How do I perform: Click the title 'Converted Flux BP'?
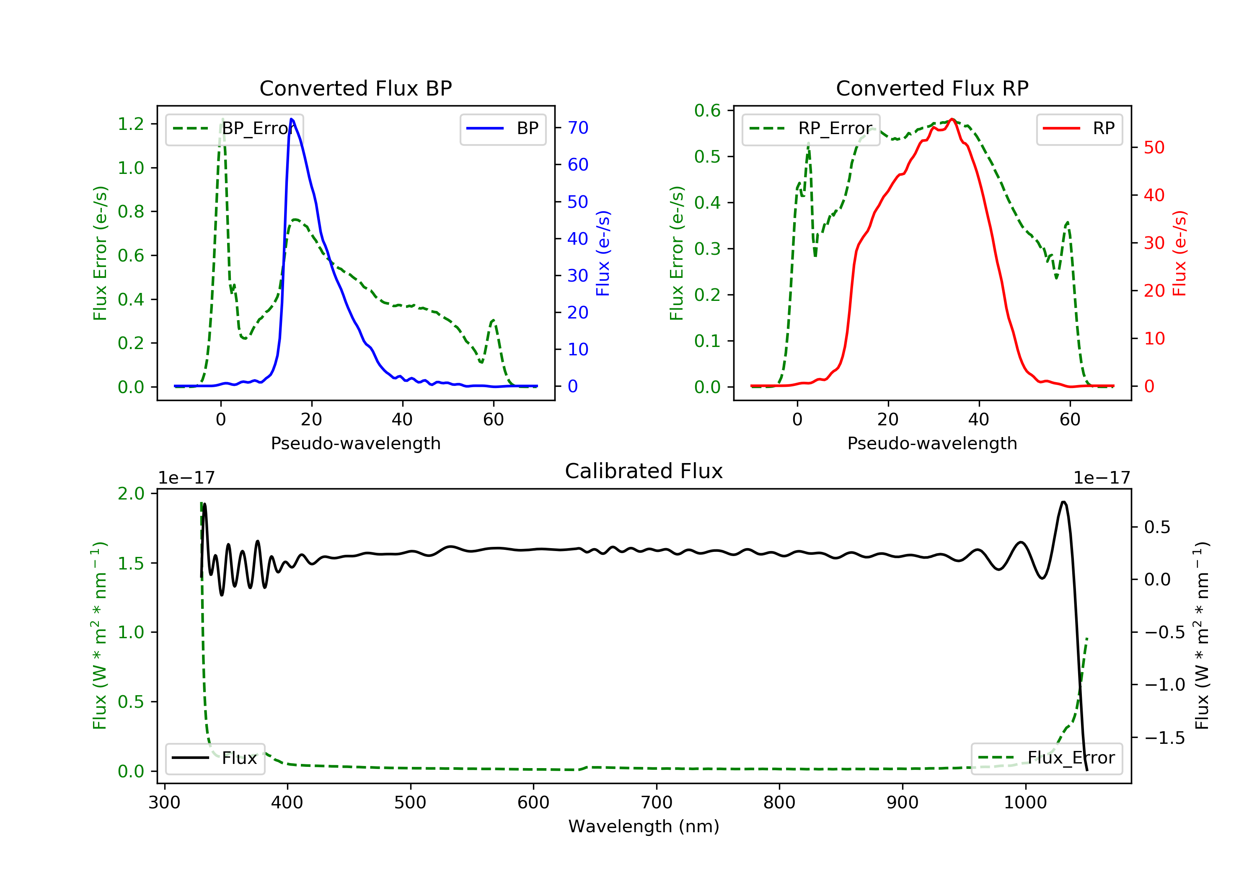(355, 88)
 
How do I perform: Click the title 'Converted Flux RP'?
(932, 88)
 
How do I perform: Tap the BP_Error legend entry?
(234, 129)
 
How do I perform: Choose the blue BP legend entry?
(502, 129)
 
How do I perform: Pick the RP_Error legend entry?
(811, 129)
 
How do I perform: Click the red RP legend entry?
(1079, 129)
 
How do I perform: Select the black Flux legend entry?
(215, 758)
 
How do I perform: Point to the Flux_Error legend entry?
(1046, 758)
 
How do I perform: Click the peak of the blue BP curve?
(291, 119)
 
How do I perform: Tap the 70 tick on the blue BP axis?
(577, 127)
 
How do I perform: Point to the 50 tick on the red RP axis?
(1154, 148)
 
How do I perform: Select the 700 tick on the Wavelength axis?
(657, 803)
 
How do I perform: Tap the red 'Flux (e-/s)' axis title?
(1179, 253)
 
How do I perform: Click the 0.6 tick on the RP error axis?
(707, 111)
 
